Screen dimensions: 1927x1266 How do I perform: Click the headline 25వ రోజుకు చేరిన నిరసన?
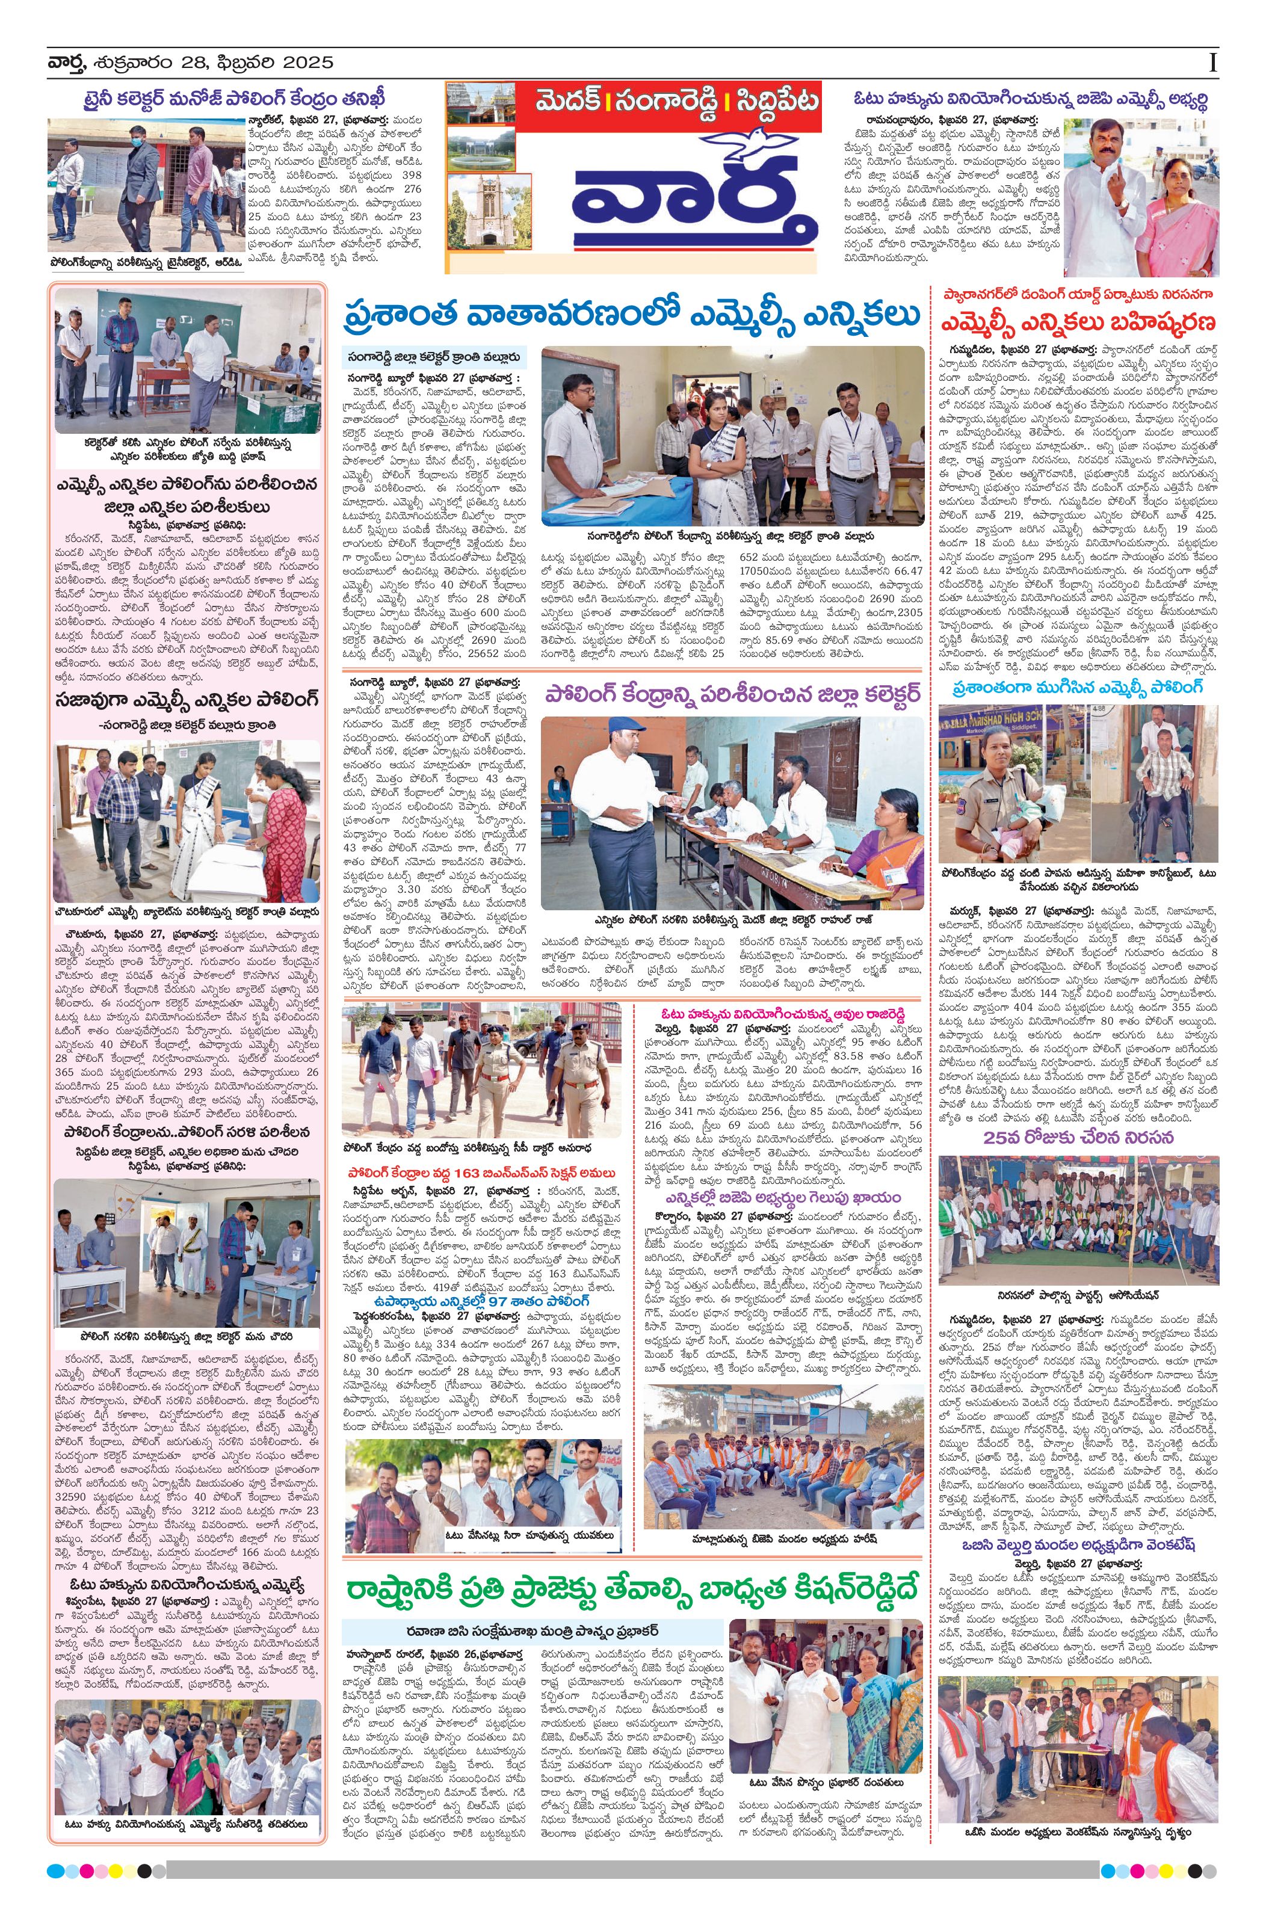pos(1077,1138)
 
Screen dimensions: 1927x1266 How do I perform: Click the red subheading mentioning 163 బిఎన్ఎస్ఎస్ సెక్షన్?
pos(482,1173)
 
